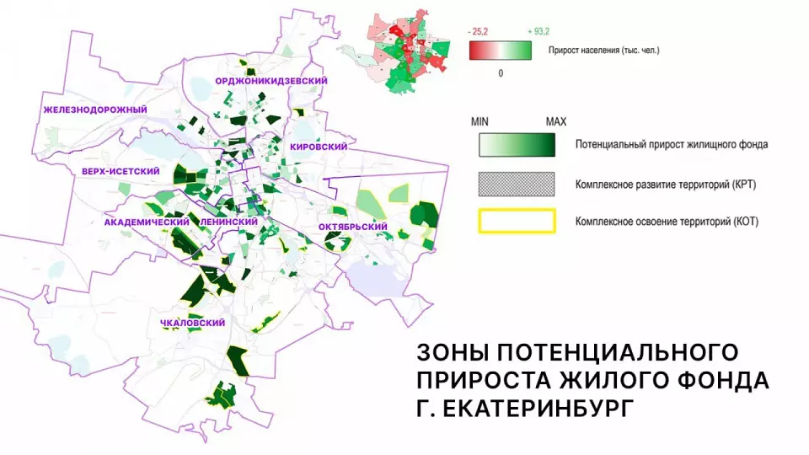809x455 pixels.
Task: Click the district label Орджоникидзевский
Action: (x=271, y=80)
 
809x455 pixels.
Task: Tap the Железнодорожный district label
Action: (x=95, y=110)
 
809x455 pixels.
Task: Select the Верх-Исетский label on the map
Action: (x=121, y=171)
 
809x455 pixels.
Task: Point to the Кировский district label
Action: (x=319, y=147)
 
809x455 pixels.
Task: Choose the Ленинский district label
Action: (x=228, y=221)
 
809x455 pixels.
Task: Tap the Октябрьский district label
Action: (x=352, y=227)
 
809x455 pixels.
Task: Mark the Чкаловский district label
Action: (x=196, y=323)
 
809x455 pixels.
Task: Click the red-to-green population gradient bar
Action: (x=500, y=51)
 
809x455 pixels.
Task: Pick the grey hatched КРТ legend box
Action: (x=517, y=183)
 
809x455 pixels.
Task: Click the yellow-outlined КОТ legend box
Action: (x=517, y=222)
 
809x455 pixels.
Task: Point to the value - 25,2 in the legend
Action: (x=477, y=31)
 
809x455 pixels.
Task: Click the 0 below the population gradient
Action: (x=501, y=73)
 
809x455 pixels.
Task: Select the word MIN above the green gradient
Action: (x=480, y=122)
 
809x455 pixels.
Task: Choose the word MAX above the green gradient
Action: (x=555, y=122)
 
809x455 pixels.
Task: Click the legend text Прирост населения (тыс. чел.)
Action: (x=603, y=51)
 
